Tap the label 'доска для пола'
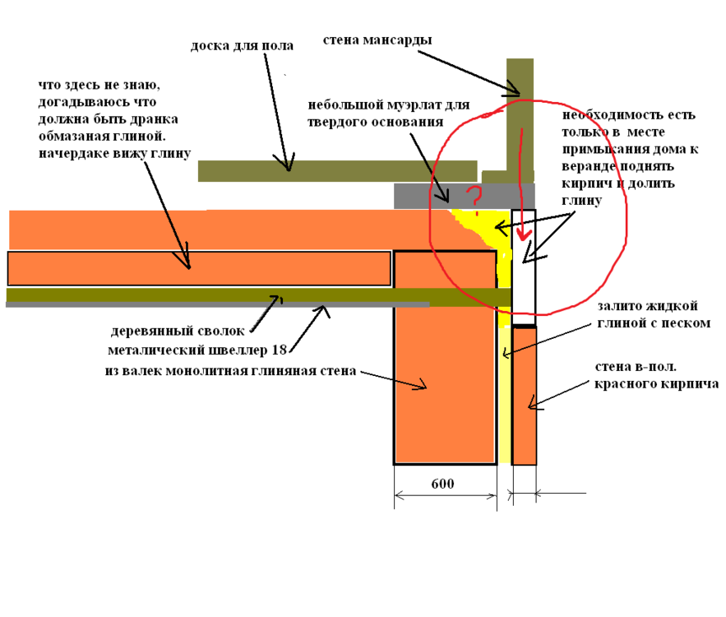[242, 46]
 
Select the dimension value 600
[442, 484]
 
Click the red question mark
[473, 197]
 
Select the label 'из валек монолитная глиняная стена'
[230, 371]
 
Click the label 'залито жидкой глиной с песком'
[654, 314]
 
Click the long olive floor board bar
[337, 171]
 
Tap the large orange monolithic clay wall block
[445, 387]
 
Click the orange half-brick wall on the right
[524, 395]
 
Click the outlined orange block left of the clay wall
[198, 268]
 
